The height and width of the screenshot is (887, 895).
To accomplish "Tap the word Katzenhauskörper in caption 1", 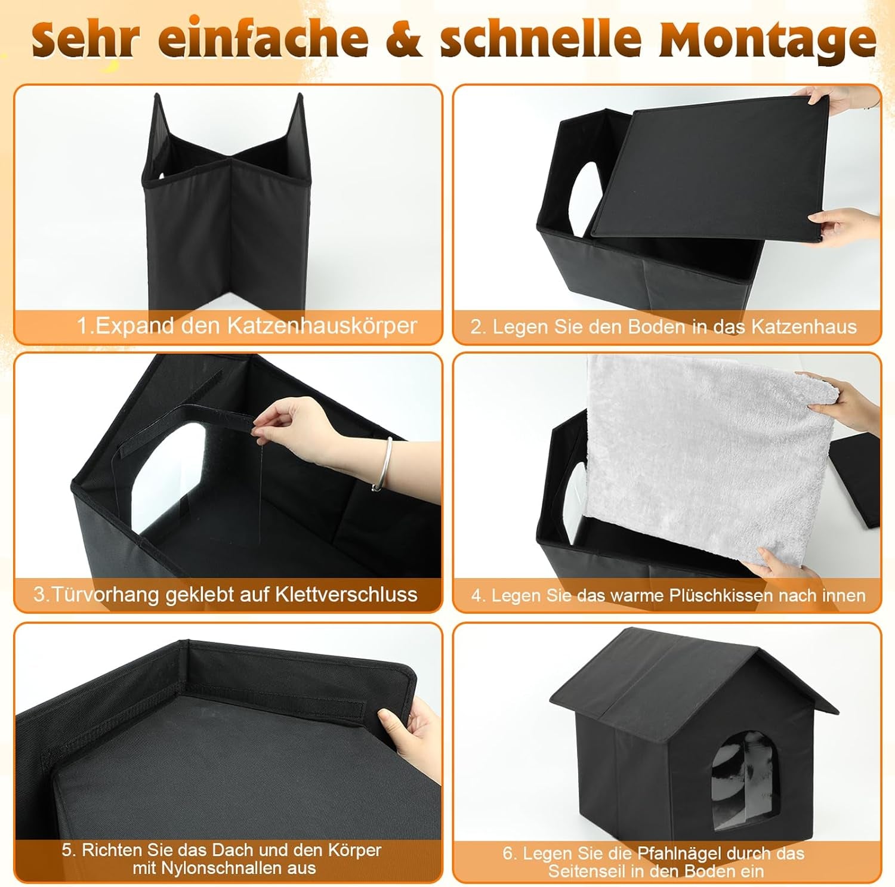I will point(322,326).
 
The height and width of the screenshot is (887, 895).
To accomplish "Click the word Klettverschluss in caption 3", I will point(346,595).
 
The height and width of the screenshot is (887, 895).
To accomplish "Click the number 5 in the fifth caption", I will point(66,850).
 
